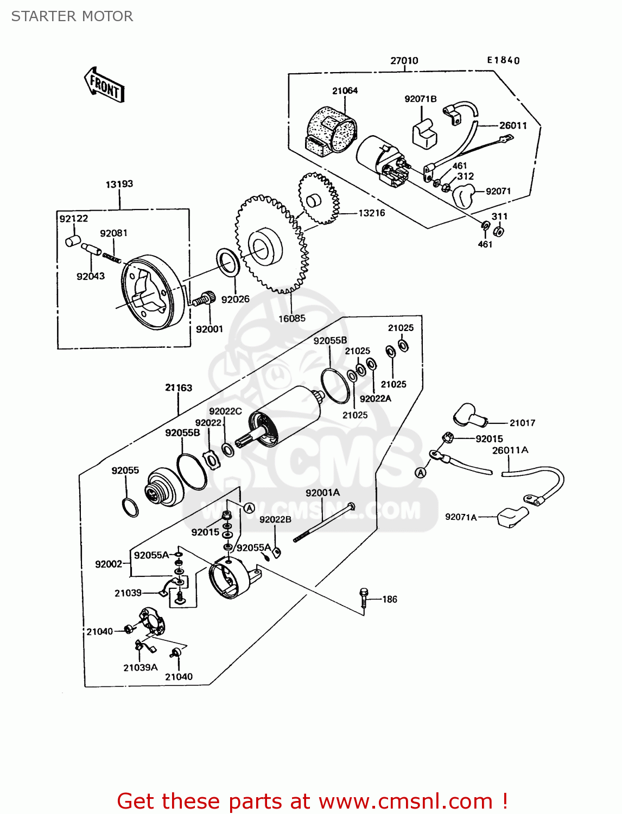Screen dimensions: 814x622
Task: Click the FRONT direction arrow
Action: coord(105,86)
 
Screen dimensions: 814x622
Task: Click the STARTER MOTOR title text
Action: coord(72,16)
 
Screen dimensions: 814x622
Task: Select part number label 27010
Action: coord(404,61)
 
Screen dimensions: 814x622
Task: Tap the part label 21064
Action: coord(345,91)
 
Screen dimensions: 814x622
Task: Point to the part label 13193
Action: coord(119,184)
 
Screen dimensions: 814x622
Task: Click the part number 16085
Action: coord(292,319)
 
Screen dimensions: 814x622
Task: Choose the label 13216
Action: coord(372,213)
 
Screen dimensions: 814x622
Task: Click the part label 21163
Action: coord(179,387)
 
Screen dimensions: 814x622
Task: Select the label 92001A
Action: coord(322,493)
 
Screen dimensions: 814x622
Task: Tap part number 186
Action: coord(390,599)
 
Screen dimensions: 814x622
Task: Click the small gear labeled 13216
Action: coord(319,198)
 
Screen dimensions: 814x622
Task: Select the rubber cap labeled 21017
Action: coord(470,416)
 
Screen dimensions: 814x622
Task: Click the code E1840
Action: coord(503,60)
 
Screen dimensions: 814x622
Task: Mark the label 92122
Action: coord(74,219)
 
